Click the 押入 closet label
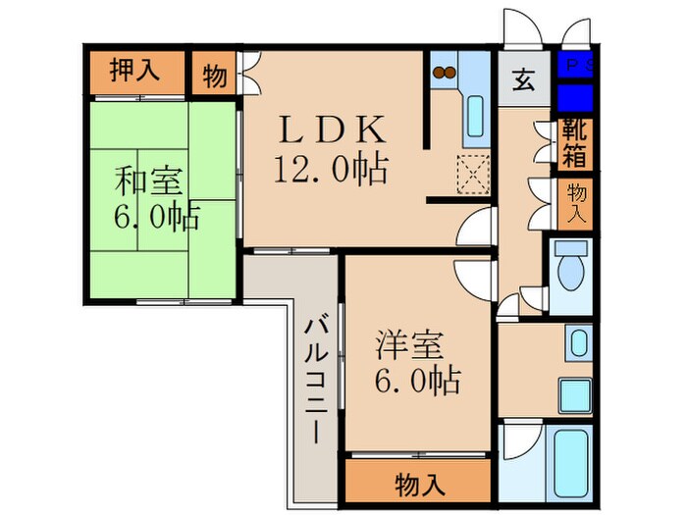coord(133,72)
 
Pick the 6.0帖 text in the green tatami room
coord(157,217)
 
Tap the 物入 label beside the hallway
coord(575,203)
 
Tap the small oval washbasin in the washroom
coord(577,343)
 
